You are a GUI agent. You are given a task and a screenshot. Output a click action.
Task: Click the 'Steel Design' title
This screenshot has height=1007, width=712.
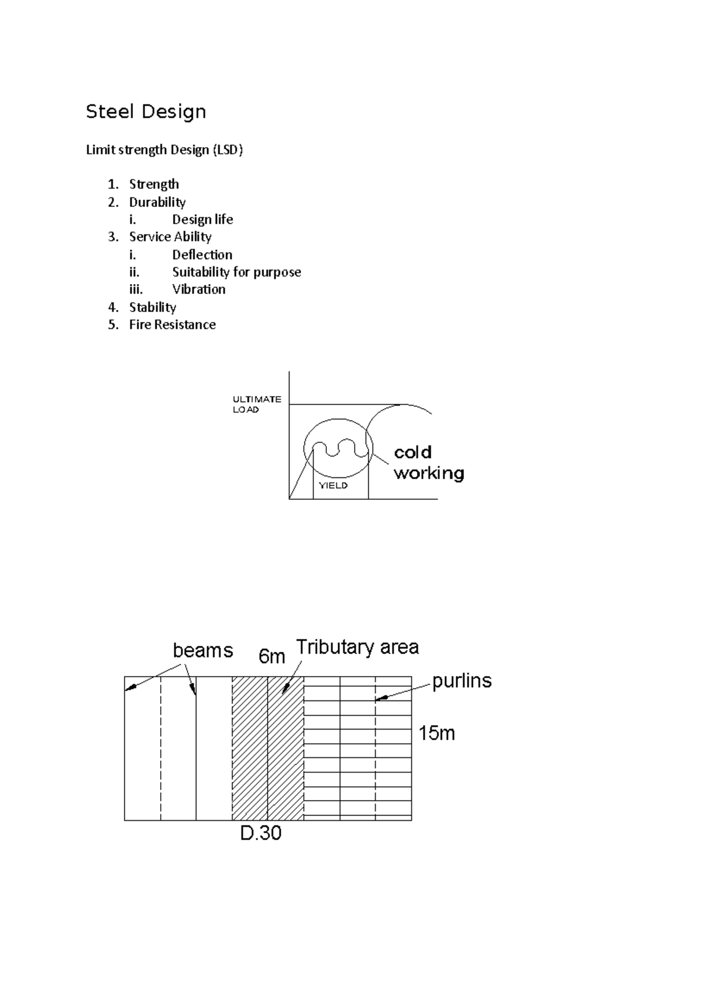coord(146,111)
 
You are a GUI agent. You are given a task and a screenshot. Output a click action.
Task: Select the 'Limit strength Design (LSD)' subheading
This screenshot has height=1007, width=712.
coord(164,150)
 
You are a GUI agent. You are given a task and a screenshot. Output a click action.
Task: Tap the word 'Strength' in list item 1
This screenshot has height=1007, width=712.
coord(154,184)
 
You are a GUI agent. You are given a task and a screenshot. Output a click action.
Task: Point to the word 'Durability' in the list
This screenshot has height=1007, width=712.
coord(157,202)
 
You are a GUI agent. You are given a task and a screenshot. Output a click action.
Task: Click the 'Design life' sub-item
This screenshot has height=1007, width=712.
coord(202,219)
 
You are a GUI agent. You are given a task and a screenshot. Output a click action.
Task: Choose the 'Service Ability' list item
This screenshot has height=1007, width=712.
coord(170,237)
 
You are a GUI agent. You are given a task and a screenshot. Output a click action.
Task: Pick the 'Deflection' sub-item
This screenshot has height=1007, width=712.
coord(202,254)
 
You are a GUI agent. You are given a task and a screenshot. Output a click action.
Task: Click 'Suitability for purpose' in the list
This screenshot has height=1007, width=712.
coord(236,272)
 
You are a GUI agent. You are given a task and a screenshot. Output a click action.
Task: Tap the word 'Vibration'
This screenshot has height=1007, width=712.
coord(199,289)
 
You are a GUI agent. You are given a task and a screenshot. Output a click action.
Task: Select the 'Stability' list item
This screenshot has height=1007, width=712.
coord(152,307)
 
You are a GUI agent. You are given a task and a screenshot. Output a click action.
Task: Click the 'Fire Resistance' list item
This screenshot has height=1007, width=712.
coord(172,324)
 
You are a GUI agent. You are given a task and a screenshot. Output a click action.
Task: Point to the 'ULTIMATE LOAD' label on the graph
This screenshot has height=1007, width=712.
coord(256,404)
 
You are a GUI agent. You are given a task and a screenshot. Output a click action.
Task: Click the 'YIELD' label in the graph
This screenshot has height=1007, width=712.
coord(333,486)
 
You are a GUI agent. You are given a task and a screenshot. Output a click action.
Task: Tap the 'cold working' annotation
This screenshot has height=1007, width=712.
coord(428,463)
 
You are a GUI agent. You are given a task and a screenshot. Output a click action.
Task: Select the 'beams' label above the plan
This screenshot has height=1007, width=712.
coord(203,651)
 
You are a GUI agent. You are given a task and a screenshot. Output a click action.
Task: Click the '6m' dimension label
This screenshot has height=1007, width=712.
coord(272,657)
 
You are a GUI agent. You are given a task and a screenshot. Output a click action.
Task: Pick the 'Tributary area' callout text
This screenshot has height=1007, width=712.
coord(357,647)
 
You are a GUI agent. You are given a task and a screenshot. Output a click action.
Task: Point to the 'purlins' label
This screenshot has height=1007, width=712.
coord(462,681)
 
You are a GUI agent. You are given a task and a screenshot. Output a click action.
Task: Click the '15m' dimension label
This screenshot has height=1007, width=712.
coord(437,734)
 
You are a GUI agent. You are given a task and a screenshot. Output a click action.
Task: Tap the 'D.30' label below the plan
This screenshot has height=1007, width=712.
coord(260,834)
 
